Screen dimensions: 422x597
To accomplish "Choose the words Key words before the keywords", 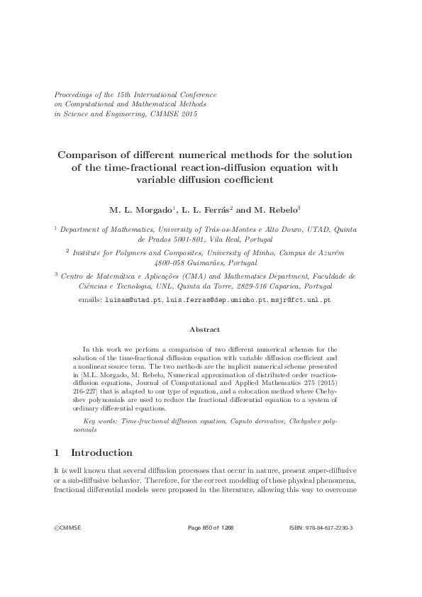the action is pos(101,421).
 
